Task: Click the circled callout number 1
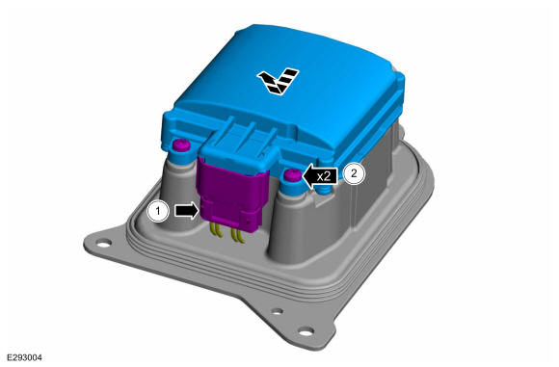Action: tap(158, 211)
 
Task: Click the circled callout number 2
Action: tap(354, 173)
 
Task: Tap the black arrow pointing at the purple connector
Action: tap(186, 210)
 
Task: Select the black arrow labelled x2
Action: tap(320, 176)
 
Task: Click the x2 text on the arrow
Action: tap(325, 176)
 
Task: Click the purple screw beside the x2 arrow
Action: tap(292, 175)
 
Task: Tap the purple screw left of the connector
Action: tap(181, 145)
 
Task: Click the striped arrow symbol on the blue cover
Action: tap(279, 81)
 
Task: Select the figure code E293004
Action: tap(25, 357)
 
